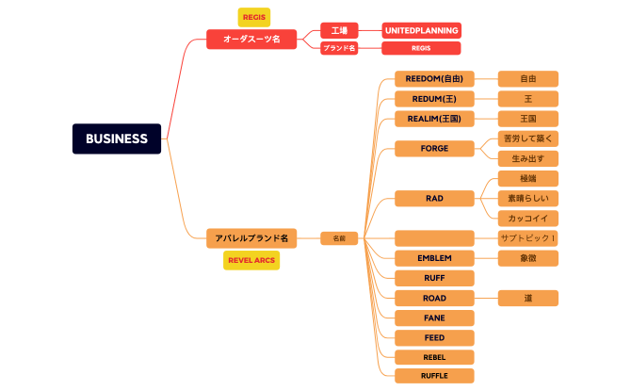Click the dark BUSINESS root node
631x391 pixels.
pyautogui.click(x=117, y=138)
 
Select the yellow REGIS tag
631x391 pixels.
pyautogui.click(x=253, y=17)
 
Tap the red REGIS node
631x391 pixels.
pyautogui.click(x=421, y=48)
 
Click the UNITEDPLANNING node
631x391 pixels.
pyautogui.click(x=421, y=30)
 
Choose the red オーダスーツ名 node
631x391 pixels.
pyautogui.click(x=251, y=39)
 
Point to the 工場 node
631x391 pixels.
pyautogui.click(x=339, y=30)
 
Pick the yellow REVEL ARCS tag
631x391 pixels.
pyautogui.click(x=251, y=260)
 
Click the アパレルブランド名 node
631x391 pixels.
pyautogui.click(x=251, y=238)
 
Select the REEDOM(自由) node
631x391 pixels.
pyautogui.click(x=434, y=79)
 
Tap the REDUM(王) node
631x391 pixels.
pyautogui.click(x=434, y=99)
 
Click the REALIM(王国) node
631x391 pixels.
pyautogui.click(x=434, y=119)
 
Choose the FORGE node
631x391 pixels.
pyautogui.click(x=434, y=148)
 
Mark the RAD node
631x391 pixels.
pyautogui.click(x=434, y=198)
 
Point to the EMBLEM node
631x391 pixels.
pyautogui.click(x=434, y=258)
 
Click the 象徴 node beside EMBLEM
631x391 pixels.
pyautogui.click(x=528, y=258)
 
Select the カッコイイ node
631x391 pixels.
pyautogui.click(x=528, y=218)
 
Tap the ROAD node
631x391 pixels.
pyautogui.click(x=434, y=298)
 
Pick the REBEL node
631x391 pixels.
pyautogui.click(x=434, y=357)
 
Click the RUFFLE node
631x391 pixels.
pyautogui.click(x=434, y=376)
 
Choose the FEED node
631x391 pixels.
pyautogui.click(x=434, y=337)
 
